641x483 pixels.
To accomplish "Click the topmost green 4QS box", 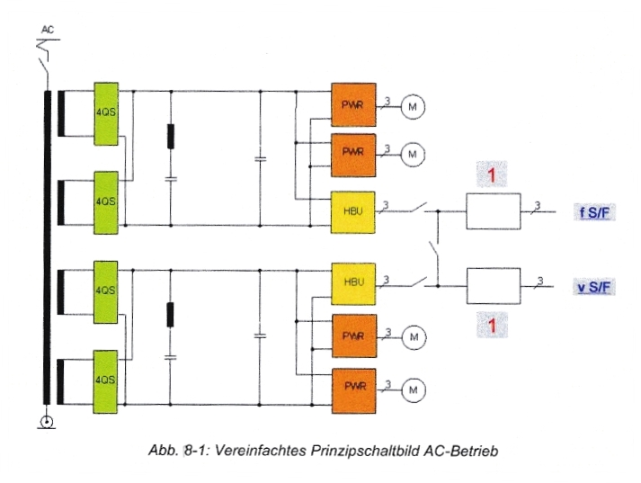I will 106,112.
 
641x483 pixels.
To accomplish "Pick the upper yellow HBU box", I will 352,213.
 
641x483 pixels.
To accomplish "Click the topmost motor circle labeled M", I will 413,106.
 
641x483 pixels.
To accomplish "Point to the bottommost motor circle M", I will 413,389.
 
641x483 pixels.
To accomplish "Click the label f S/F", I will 596,212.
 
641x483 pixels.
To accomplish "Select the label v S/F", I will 596,287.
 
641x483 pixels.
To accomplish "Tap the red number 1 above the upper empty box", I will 492,174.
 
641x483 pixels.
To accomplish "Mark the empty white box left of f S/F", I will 493,212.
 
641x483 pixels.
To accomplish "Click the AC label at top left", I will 49,30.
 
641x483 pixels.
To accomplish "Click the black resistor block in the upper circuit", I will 172,136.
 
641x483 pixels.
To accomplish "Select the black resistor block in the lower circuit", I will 172,315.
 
